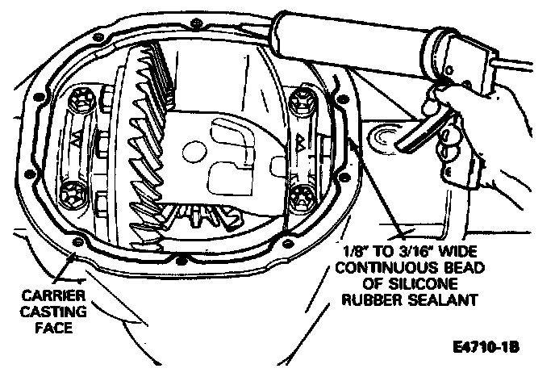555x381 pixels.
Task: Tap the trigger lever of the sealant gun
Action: pyautogui.click(x=428, y=133)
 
